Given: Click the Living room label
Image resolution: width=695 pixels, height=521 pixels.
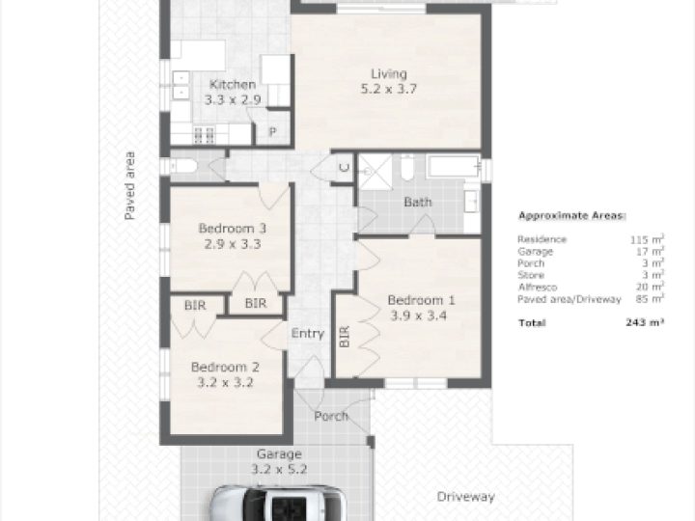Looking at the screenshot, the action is (389, 74).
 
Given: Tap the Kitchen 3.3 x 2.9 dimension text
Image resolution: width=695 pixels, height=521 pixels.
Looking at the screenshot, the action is (233, 99).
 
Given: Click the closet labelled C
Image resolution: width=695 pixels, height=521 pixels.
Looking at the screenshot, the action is (345, 168).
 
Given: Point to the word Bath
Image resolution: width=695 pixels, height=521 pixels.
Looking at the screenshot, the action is (418, 202).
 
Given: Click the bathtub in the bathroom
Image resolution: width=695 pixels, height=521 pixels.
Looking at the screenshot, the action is (453, 166).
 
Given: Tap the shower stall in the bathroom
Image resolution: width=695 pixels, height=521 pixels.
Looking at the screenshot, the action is (375, 172).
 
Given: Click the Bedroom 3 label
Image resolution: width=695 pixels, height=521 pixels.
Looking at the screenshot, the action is (233, 228).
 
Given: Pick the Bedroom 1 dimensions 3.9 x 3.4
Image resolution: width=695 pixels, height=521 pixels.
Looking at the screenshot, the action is (418, 315).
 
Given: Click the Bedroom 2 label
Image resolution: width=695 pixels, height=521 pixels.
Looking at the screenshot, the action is (225, 367).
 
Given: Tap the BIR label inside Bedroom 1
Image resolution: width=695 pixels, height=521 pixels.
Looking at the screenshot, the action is (345, 337).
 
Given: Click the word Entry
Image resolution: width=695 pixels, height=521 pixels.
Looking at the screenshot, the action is (308, 333).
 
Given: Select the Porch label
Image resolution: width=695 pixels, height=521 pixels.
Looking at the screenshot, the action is (331, 416).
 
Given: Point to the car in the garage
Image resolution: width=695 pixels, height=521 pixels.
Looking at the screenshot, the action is (278, 503).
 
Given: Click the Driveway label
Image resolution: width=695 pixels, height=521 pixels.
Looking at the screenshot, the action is (466, 497).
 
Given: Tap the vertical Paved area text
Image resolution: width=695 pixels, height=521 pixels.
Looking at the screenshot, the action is (129, 185).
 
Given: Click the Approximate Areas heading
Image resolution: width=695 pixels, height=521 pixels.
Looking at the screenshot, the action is (572, 216).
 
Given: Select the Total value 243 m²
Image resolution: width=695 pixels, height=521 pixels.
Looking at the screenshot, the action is (645, 322).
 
